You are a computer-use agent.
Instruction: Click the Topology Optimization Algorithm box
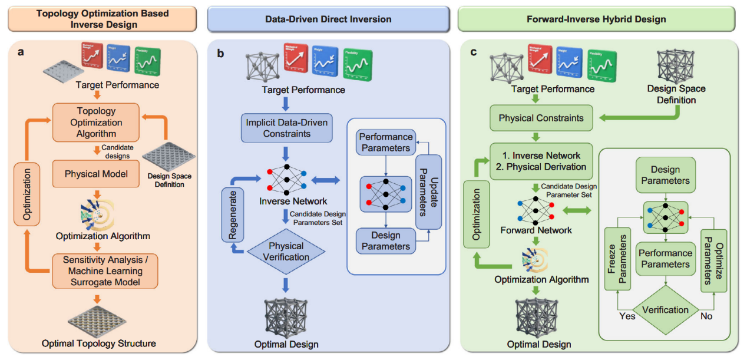pyautogui.click(x=96, y=123)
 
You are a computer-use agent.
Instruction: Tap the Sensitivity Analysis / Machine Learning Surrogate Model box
pyautogui.click(x=104, y=271)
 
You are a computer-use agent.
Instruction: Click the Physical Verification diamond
pyautogui.click(x=286, y=251)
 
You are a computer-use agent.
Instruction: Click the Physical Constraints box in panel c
pyautogui.click(x=541, y=118)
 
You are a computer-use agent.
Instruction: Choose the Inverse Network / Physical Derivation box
pyautogui.click(x=541, y=161)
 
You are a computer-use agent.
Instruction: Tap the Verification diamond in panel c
pyautogui.click(x=665, y=309)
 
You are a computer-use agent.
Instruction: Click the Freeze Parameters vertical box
pyautogui.click(x=616, y=260)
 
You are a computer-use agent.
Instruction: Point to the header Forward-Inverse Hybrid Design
pyautogui.click(x=596, y=19)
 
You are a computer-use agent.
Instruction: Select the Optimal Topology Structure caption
pyautogui.click(x=99, y=343)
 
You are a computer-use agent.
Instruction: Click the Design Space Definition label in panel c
pyautogui.click(x=676, y=94)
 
